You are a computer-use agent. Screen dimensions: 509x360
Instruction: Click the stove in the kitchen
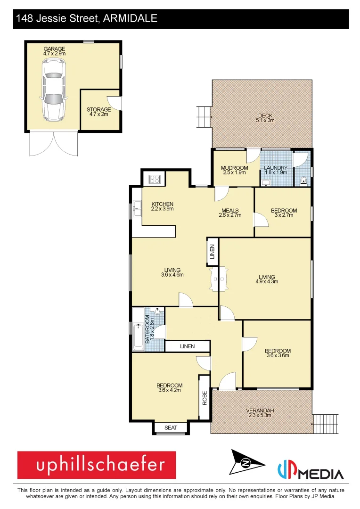155,179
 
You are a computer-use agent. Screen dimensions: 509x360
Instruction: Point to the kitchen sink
136,208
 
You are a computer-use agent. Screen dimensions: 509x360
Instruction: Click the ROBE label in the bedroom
205,399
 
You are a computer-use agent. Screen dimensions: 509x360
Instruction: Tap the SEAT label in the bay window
171,427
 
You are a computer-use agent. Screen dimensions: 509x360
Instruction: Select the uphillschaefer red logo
97,465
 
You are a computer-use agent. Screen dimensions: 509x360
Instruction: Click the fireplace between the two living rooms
217,280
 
